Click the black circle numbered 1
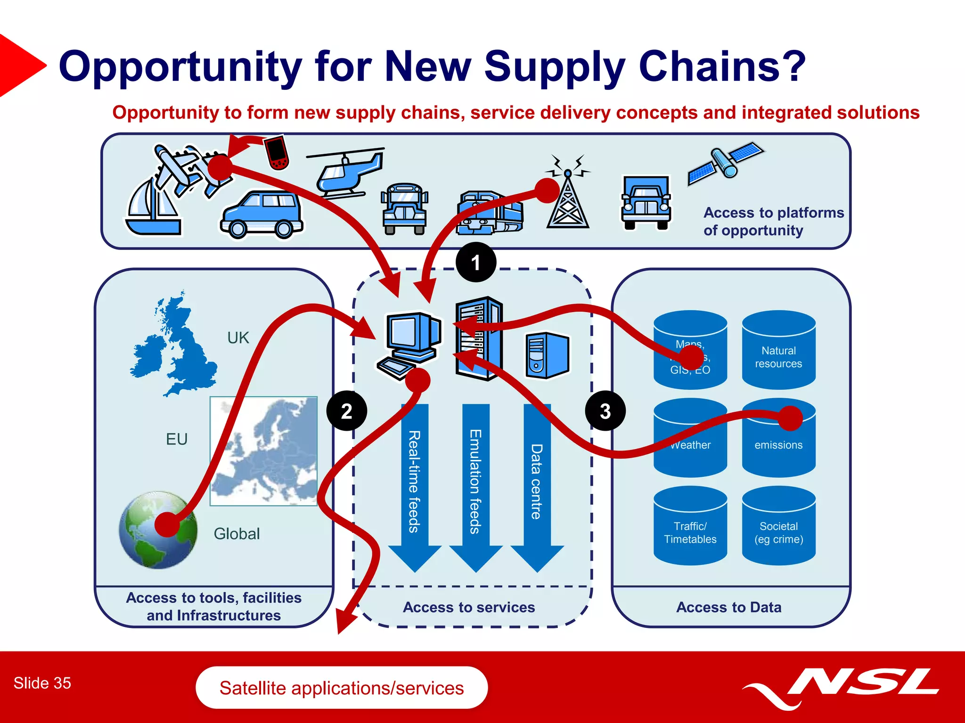[476, 262]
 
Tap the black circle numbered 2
[346, 411]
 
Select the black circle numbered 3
[605, 411]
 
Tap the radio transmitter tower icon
[568, 200]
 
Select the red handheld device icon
[277, 152]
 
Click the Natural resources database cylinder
[778, 351]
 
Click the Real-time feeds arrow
[414, 485]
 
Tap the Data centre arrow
[537, 485]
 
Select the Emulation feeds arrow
[475, 485]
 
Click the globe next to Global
[158, 530]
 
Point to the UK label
[238, 338]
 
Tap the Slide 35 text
[42, 683]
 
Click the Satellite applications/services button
[342, 688]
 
